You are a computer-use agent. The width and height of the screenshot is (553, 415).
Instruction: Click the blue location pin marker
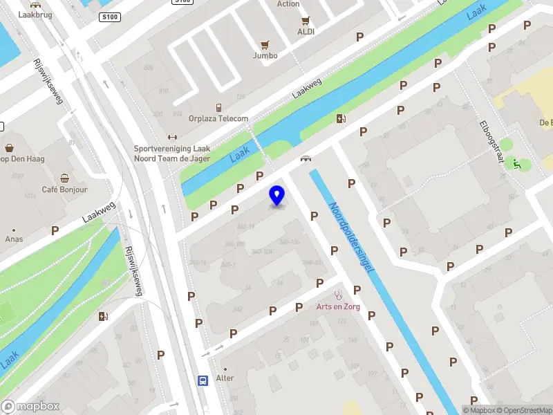[277, 195]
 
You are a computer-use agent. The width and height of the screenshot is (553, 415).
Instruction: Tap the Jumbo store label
[265, 55]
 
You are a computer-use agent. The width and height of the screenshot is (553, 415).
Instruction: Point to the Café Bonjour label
[64, 190]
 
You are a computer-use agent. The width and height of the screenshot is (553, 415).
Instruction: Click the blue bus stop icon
[203, 380]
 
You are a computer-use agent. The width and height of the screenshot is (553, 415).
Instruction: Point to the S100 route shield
[109, 17]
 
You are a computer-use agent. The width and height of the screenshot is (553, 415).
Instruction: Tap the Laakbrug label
[35, 14]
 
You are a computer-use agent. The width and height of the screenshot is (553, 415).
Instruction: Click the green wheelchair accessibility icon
[516, 164]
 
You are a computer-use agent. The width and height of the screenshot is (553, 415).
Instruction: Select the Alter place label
[225, 378]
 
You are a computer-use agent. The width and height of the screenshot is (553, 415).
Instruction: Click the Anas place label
[14, 239]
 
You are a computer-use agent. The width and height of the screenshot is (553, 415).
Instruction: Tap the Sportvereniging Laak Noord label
[172, 153]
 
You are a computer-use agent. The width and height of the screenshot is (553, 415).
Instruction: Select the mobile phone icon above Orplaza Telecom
[218, 107]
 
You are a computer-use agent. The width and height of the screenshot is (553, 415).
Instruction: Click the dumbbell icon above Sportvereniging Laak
[173, 137]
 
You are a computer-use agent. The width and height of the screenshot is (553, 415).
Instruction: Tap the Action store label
[288, 4]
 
